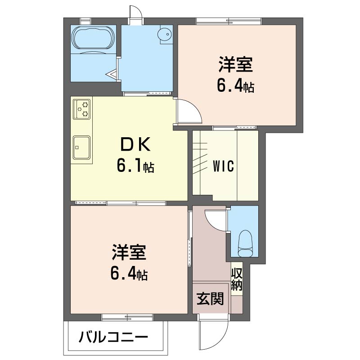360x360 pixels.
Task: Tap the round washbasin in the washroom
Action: [164, 34]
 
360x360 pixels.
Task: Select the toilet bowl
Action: [245, 243]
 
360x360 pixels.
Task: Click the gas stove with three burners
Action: [81, 109]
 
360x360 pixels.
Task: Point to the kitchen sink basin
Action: [81, 148]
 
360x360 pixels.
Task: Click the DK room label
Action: [135, 144]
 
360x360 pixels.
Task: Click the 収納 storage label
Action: [237, 279]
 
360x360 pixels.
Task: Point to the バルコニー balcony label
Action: [113, 337]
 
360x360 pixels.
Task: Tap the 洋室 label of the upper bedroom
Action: [235, 64]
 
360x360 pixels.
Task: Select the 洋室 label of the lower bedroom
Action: [129, 252]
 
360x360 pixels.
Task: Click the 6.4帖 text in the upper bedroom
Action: [235, 86]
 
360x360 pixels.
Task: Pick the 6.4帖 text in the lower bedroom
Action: [129, 274]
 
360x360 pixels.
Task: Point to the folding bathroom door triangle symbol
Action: [112, 74]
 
